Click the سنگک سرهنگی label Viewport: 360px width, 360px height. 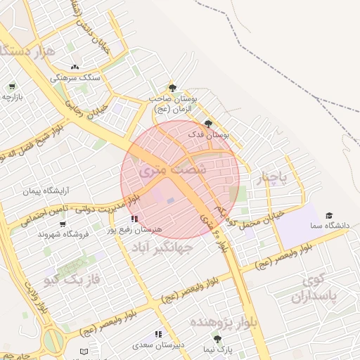point(81,77)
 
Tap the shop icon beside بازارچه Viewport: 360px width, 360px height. point(12,86)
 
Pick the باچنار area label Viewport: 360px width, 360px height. point(271,179)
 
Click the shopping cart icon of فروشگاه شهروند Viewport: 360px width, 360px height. point(63,224)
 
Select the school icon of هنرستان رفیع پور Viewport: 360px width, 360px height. point(134,219)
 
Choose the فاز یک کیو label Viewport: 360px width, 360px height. point(68,280)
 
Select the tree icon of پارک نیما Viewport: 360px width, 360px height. point(217,339)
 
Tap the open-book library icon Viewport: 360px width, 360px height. point(84,351)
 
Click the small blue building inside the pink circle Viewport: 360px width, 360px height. point(171,201)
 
